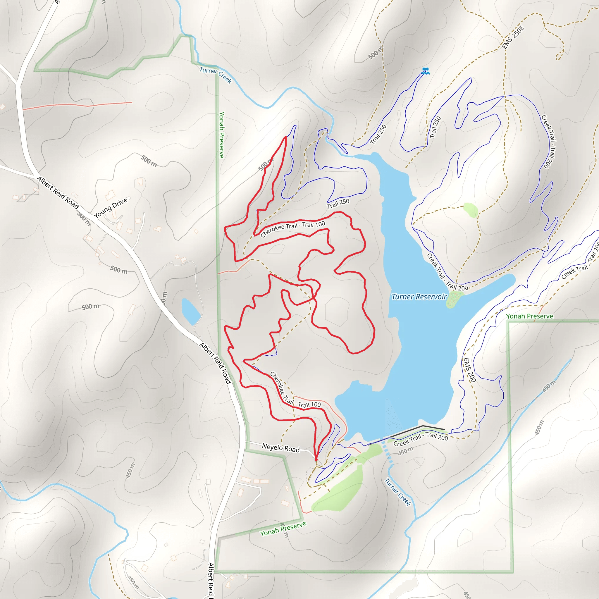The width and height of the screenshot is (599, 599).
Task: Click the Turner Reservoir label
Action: (419, 297)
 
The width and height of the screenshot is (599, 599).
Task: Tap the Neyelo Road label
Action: (280, 448)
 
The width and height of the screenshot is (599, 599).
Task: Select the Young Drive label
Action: (110, 208)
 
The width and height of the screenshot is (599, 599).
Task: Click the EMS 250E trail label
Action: (513, 37)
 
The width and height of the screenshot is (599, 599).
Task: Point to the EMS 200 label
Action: (469, 370)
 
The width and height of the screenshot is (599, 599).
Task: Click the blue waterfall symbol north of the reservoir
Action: (425, 71)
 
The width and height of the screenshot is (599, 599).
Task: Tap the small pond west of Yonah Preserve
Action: (190, 311)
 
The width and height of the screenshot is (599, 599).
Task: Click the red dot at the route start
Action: (316, 459)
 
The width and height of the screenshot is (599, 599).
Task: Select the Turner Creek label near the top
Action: (216, 75)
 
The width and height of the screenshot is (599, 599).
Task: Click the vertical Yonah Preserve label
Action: (221, 135)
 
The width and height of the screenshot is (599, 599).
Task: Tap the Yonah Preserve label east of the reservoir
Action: (530, 316)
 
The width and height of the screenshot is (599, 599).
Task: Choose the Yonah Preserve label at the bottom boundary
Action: (283, 529)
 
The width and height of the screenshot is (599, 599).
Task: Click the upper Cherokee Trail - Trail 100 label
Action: (293, 228)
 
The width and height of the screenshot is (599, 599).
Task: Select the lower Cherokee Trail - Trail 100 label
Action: (295, 391)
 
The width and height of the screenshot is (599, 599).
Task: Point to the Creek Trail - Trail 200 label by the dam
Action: (420, 438)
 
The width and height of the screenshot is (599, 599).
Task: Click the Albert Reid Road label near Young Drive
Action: (58, 192)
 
